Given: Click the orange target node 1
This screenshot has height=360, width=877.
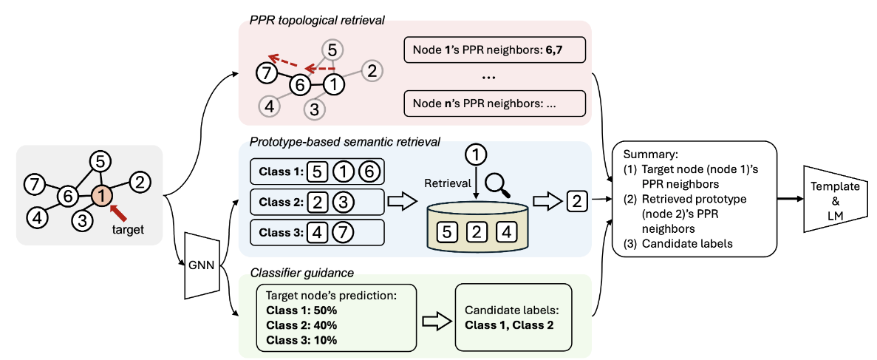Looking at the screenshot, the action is pyautogui.click(x=103, y=196).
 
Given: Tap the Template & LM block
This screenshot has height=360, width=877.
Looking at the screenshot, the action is pyautogui.click(x=830, y=199).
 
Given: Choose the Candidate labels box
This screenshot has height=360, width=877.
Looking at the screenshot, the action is pyautogui.click(x=514, y=316).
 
